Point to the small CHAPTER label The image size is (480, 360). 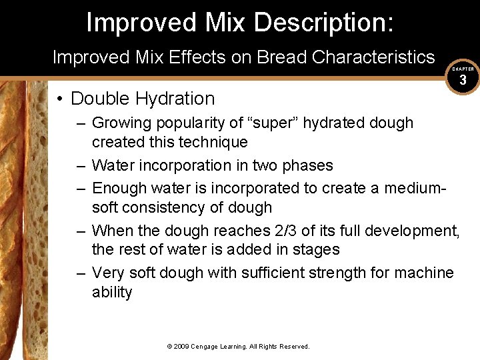tap(463, 69)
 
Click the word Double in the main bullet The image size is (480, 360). tap(100, 99)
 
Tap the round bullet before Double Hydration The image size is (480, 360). tap(60, 99)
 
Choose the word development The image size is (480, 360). tap(407, 231)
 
